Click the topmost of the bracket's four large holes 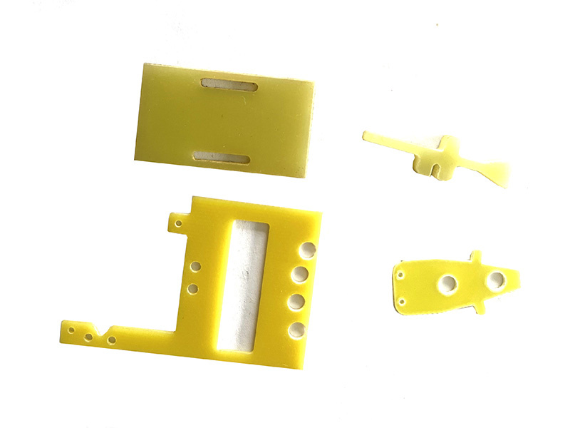click(x=308, y=249)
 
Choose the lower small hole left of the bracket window click(x=192, y=289)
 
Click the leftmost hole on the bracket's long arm click(x=71, y=330)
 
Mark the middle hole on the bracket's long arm click(x=89, y=336)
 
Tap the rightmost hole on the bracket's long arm click(x=111, y=340)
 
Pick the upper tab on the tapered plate click(x=477, y=256)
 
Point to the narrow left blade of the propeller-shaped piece click(x=388, y=141)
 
